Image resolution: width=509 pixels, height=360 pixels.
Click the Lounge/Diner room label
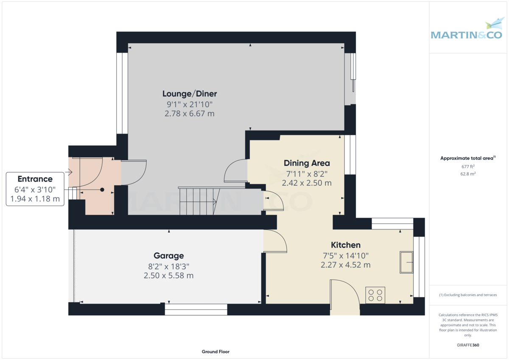click(x=190, y=94)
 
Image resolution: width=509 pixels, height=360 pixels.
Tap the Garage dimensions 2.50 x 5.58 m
click(x=168, y=276)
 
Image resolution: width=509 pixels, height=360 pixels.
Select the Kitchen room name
click(x=345, y=245)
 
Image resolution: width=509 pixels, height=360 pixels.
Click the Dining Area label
click(x=306, y=163)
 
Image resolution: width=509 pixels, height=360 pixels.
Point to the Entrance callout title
click(x=35, y=179)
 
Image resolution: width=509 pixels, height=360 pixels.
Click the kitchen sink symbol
click(x=406, y=263)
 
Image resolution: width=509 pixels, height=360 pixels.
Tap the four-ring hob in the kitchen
click(x=375, y=295)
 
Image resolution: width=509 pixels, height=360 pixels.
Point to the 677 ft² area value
click(x=468, y=167)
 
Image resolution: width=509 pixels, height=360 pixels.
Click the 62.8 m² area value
click(x=468, y=174)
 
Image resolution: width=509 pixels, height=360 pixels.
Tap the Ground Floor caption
click(x=215, y=352)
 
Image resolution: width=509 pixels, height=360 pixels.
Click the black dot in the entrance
click(x=102, y=190)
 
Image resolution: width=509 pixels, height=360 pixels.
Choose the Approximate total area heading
click(x=467, y=158)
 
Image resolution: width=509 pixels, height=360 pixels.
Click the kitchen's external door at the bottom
click(x=344, y=297)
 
